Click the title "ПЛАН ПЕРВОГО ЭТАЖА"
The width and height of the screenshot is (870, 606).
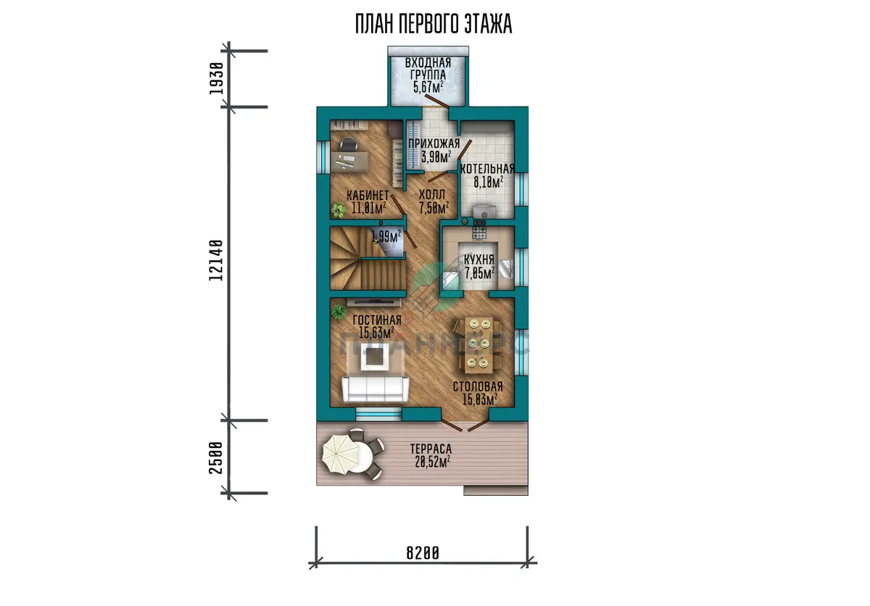(x=434, y=24)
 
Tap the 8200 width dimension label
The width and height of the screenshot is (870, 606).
(x=423, y=553)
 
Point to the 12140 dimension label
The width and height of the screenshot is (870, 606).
(x=216, y=260)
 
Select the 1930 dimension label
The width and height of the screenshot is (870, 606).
(x=216, y=78)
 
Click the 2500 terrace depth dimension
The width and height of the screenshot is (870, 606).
(x=216, y=457)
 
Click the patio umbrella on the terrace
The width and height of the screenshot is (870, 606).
(x=341, y=454)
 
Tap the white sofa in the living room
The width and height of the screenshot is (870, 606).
(x=376, y=389)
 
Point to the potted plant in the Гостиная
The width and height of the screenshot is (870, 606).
(x=339, y=312)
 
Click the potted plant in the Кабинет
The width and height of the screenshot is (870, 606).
(x=339, y=210)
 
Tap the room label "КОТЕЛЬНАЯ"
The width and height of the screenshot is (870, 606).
(x=487, y=169)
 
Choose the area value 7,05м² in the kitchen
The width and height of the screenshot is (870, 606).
(x=480, y=273)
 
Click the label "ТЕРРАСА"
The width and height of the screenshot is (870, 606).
(x=431, y=449)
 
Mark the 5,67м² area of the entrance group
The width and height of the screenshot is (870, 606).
(x=428, y=87)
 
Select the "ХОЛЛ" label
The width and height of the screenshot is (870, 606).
(x=432, y=194)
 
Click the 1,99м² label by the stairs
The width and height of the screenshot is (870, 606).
(x=386, y=236)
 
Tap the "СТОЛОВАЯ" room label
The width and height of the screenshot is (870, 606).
(x=478, y=386)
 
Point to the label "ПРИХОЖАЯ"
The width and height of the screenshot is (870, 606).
(x=434, y=144)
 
